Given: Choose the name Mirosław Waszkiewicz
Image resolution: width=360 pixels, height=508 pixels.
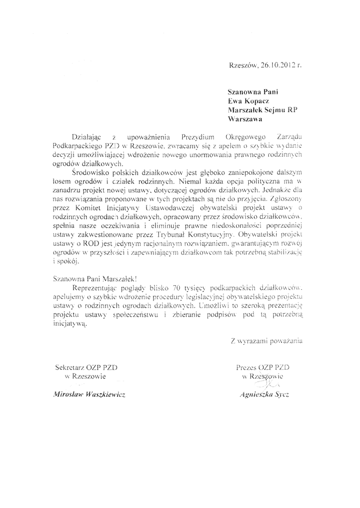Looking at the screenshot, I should point(85,395).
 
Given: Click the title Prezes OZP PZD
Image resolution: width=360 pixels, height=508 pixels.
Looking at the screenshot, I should point(264,368).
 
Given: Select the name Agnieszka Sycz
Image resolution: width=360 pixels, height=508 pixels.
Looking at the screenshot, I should point(264,395).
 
